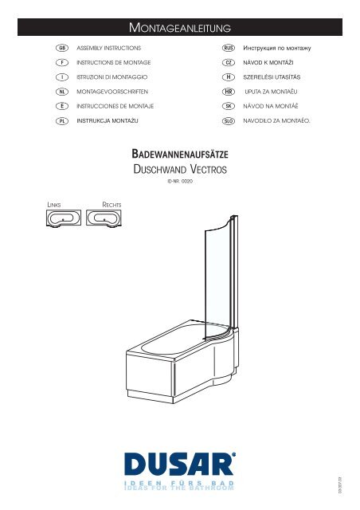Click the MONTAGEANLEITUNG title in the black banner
(180, 28)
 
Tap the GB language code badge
(62, 48)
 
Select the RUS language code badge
(229, 48)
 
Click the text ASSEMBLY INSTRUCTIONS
(109, 48)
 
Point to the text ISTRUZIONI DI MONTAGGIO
(112, 77)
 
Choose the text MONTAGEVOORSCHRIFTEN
(112, 92)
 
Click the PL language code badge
(62, 121)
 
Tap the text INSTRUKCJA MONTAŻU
(108, 120)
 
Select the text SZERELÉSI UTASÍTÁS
(272, 77)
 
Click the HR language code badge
(229, 92)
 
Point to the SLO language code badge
(229, 121)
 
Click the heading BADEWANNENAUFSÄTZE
(180, 154)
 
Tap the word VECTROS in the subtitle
(209, 169)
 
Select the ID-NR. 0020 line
(180, 182)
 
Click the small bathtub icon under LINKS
(64, 218)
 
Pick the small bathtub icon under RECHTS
(104, 218)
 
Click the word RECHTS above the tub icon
(112, 205)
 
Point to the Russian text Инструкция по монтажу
(277, 48)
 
